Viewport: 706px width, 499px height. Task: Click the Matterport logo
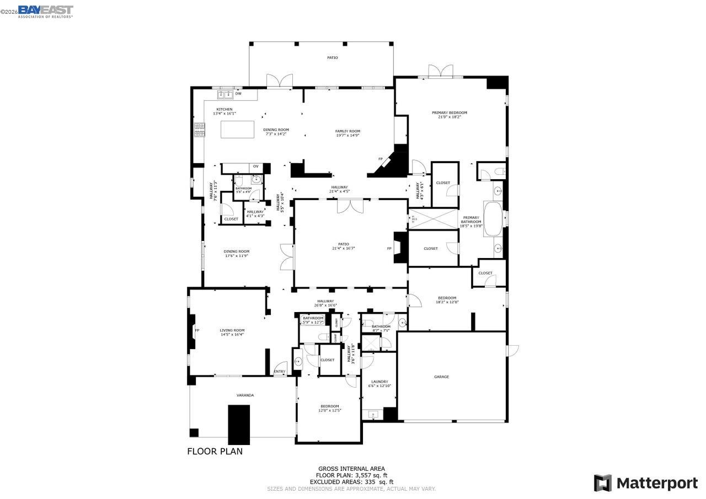tap(645, 483)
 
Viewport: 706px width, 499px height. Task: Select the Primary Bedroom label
tap(449, 115)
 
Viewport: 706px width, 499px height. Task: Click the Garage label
tap(441, 377)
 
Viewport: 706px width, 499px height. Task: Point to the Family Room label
tap(347, 133)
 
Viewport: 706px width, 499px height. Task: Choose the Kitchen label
tap(224, 111)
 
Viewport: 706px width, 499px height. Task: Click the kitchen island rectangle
tap(237, 129)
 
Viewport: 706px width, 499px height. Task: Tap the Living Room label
tap(232, 332)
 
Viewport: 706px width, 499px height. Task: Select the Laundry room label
tap(379, 383)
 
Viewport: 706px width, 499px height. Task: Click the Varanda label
tap(245, 395)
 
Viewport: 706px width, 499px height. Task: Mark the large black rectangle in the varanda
tap(239, 424)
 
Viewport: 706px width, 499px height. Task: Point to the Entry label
tap(280, 372)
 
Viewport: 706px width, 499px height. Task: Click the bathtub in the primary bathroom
tap(493, 219)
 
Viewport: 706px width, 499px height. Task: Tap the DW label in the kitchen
tap(238, 94)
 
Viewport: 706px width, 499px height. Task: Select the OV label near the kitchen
tap(255, 167)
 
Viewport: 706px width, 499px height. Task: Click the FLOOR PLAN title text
tap(215, 451)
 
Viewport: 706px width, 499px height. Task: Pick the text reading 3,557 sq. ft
tap(370, 475)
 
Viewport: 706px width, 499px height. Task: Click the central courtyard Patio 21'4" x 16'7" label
tap(343, 246)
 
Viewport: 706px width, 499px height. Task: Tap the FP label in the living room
tap(196, 330)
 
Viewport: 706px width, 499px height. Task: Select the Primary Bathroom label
tap(472, 221)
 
